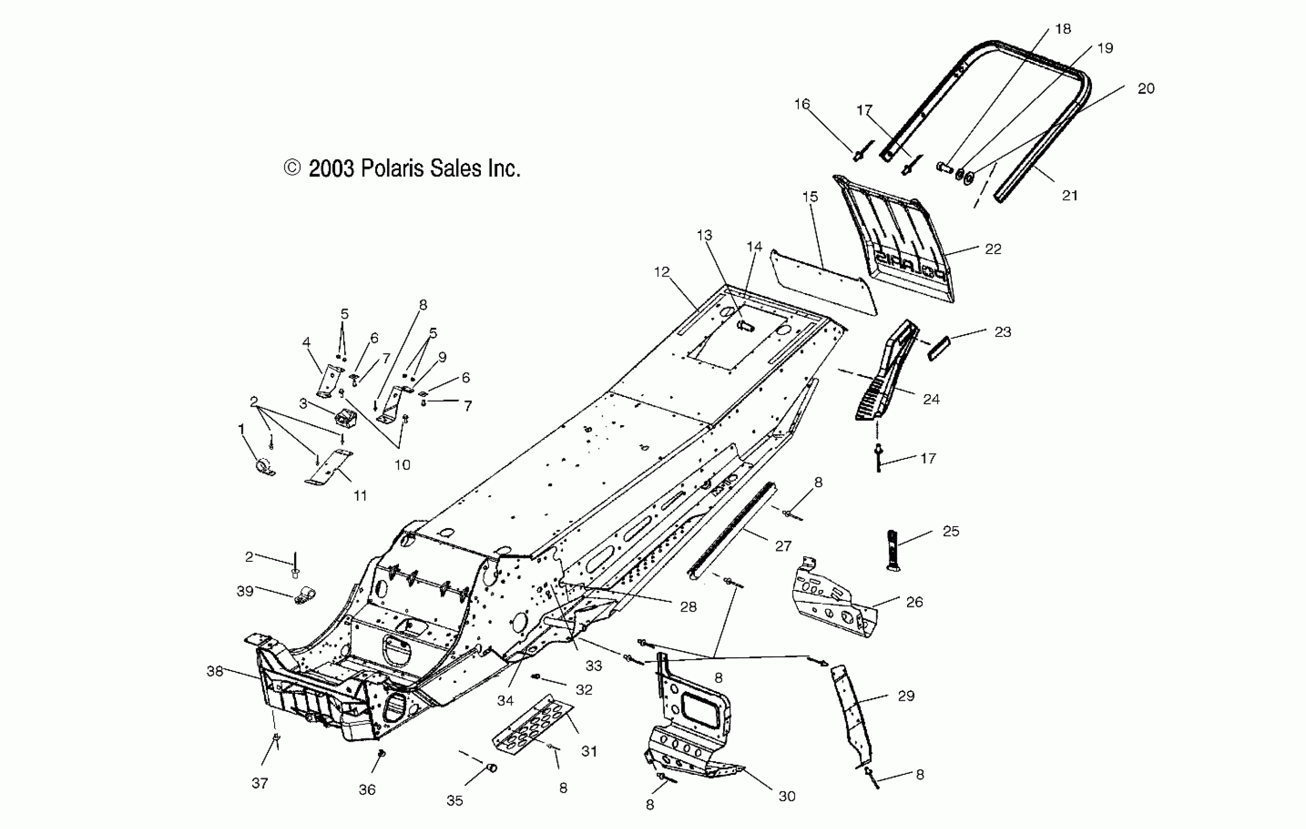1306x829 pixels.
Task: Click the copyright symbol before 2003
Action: (292, 168)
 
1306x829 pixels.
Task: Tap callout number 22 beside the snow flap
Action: (992, 249)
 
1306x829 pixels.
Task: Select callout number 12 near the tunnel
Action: (662, 272)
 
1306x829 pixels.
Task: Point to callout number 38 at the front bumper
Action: (215, 671)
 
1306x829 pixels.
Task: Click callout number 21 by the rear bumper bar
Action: (1069, 195)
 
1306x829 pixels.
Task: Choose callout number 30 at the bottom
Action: (787, 796)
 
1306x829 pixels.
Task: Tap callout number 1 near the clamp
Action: (241, 430)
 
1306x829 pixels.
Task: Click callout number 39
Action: (245, 591)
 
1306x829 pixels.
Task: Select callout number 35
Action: (455, 800)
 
